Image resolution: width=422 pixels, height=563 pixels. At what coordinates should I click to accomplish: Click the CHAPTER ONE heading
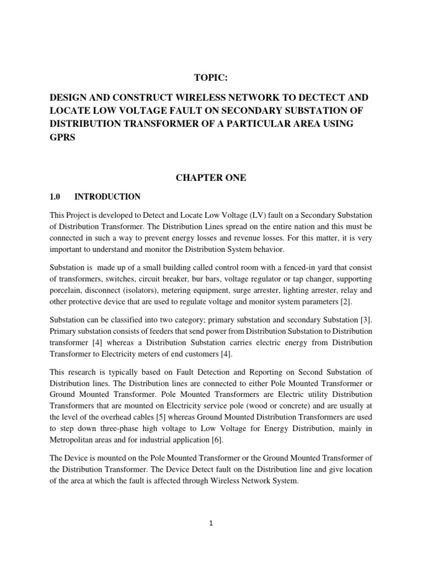pos(211,178)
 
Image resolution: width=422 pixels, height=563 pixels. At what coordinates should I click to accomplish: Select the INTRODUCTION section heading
pos(108,197)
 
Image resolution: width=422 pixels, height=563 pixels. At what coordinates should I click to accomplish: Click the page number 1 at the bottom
pos(211,524)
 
